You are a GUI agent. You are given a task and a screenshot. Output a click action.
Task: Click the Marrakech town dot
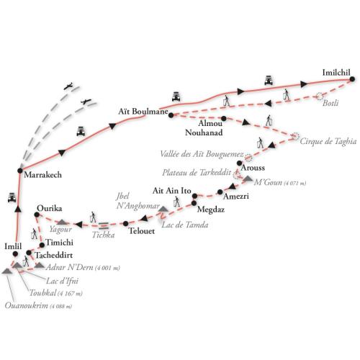[x=20, y=171]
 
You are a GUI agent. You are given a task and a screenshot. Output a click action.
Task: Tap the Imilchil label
[x=336, y=73]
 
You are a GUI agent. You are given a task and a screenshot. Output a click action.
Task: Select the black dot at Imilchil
[x=352, y=79]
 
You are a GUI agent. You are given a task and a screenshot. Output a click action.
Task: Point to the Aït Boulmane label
[x=143, y=112]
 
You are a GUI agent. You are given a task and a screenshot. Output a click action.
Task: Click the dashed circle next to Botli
[x=319, y=96]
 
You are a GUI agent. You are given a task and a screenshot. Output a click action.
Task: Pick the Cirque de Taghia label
[x=328, y=141]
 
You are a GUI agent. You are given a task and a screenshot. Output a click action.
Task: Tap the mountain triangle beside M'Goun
[x=248, y=179]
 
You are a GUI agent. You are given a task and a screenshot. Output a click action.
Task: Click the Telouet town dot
[x=125, y=223]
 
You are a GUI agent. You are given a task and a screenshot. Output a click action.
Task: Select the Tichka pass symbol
[x=104, y=226]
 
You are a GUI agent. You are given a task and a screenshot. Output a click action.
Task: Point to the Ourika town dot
[x=37, y=215]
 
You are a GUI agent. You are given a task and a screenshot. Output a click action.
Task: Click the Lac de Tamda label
[x=185, y=225]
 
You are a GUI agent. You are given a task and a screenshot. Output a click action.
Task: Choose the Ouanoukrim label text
[x=26, y=305]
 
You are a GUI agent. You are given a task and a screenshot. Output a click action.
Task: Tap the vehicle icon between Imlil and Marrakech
[x=12, y=197]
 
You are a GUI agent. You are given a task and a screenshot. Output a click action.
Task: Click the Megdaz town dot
[x=194, y=203]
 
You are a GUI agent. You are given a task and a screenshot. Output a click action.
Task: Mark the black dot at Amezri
[x=220, y=192]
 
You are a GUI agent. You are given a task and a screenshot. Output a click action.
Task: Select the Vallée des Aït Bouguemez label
[x=202, y=154]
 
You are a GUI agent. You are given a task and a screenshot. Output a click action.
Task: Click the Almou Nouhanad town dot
[x=224, y=118]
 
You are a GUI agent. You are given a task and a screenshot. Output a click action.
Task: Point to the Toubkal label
[x=43, y=293]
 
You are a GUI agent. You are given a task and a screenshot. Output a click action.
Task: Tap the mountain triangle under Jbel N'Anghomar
[x=163, y=209]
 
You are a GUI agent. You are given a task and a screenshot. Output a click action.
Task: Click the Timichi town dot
[x=42, y=245]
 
